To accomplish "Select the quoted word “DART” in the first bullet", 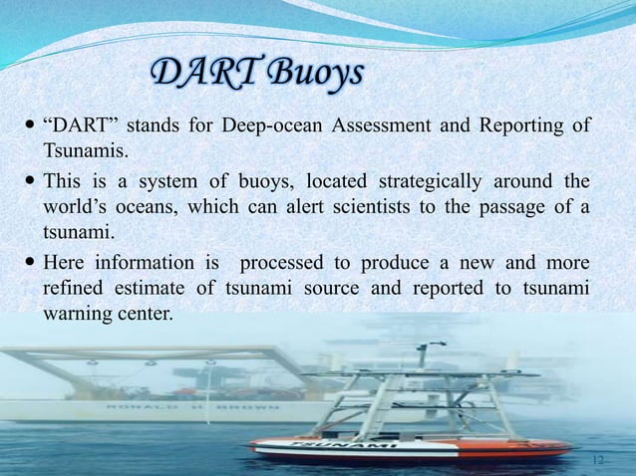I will pyautogui.click(x=79, y=126).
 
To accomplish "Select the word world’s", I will pyautogui.click(x=76, y=207).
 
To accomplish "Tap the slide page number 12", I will pyautogui.click(x=599, y=460).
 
